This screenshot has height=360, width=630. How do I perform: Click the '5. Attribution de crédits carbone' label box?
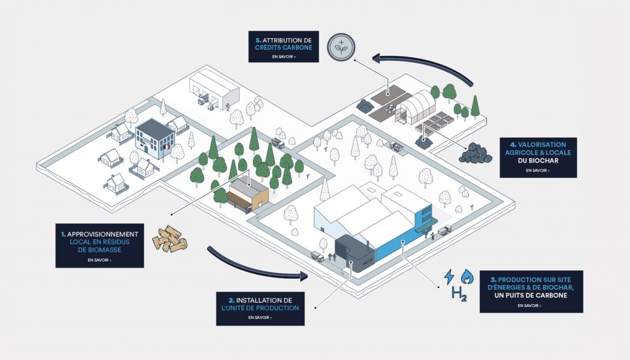click(284, 47)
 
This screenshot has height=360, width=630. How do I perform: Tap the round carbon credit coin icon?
click(341, 47)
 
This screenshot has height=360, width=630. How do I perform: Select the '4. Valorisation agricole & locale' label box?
click(538, 158)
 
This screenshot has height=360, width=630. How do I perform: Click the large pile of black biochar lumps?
click(476, 153)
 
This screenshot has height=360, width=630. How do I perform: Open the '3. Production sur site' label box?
click(531, 291)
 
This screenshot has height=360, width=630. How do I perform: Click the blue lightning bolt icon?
click(449, 276)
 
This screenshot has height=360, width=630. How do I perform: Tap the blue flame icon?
click(467, 276)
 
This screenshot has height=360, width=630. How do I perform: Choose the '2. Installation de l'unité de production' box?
click(260, 308)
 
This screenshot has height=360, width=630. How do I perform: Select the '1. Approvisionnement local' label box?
click(100, 246)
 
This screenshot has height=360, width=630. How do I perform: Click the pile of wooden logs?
click(170, 239)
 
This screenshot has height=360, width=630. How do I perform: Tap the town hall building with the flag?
click(154, 137)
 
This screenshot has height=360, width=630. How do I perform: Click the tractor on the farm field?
click(391, 108)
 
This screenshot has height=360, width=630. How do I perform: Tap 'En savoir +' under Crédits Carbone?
click(284, 57)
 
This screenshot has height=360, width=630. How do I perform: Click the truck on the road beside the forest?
click(278, 143)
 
